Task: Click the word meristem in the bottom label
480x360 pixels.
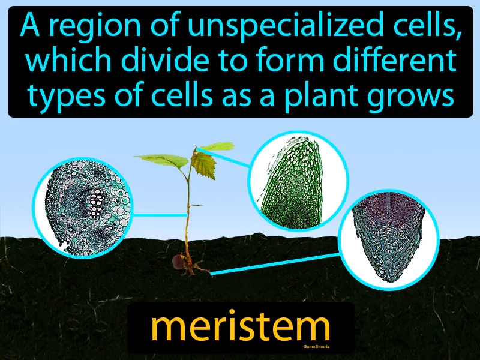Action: coord(240,327)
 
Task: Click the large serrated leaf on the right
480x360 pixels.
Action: coord(203,163)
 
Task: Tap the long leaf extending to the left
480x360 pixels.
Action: coord(159,160)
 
